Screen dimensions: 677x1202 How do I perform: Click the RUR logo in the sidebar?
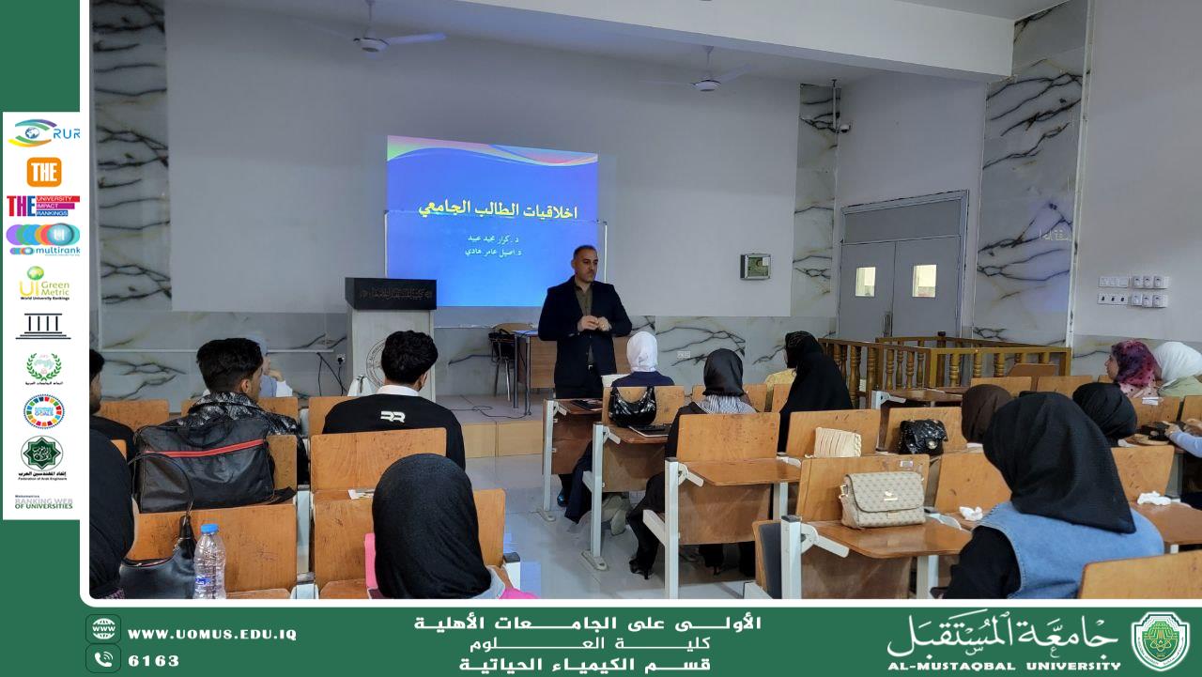(43, 133)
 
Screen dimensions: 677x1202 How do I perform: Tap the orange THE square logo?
(43, 172)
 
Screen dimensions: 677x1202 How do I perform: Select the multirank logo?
(43, 238)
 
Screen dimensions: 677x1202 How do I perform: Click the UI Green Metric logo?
(43, 283)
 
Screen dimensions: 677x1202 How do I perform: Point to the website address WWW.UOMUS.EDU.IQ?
(211, 635)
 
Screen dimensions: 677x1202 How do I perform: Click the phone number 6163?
(153, 660)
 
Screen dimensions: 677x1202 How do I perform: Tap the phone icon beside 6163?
(103, 659)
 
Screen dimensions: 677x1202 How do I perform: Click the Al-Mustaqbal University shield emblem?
(1160, 640)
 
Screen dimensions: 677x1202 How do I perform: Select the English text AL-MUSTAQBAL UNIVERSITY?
(1003, 665)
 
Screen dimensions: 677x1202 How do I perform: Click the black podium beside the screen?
(390, 293)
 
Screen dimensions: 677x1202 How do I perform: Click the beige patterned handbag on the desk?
(882, 498)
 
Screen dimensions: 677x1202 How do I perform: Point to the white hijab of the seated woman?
(642, 351)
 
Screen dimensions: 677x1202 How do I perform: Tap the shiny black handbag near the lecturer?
(632, 406)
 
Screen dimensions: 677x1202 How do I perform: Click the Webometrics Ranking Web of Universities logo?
(43, 503)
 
